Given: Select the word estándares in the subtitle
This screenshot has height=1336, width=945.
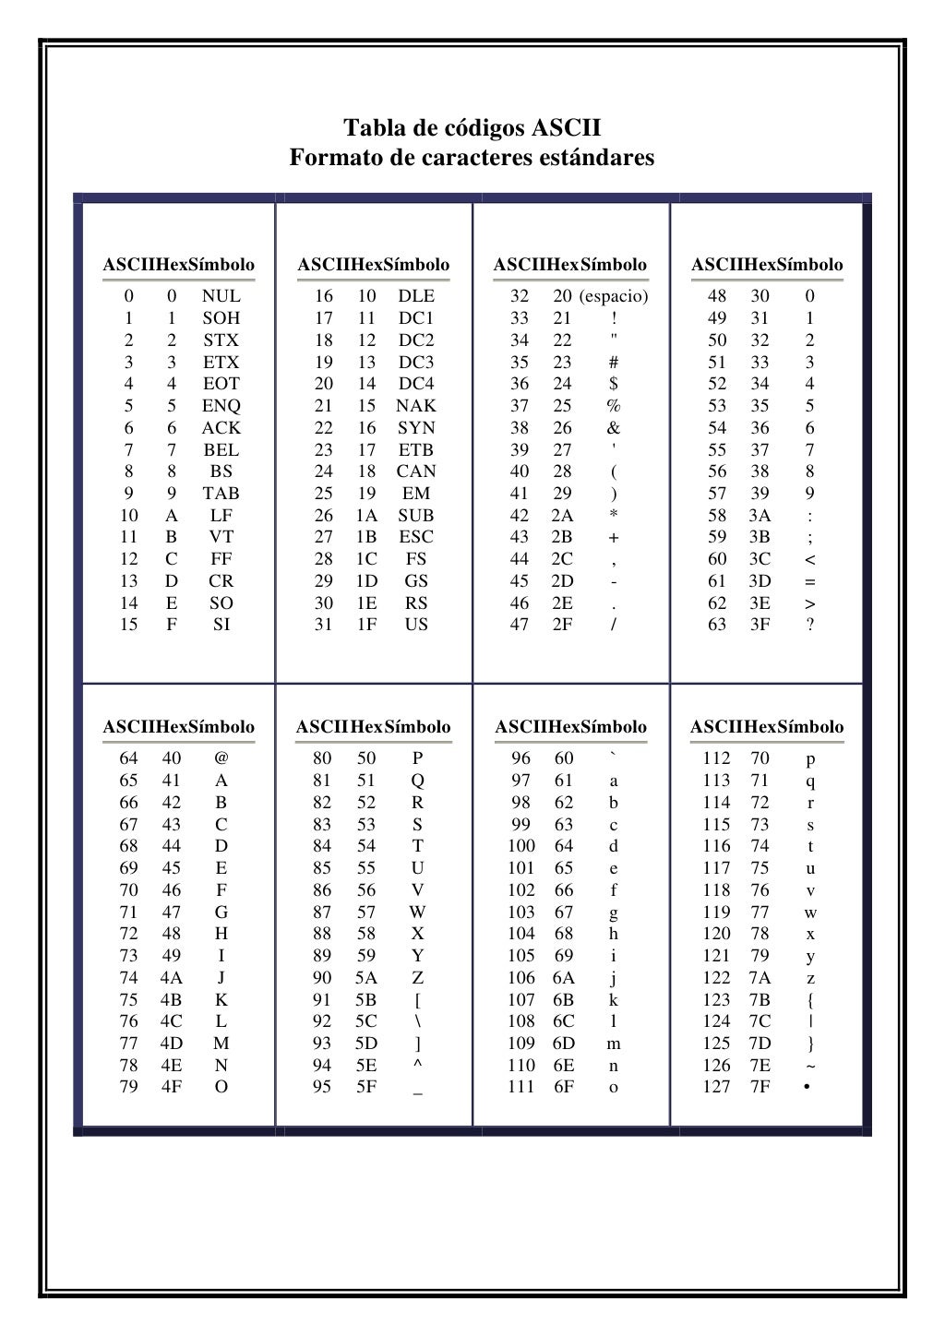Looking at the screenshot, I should (x=599, y=158).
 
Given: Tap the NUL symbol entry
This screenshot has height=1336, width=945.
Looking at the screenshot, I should (x=221, y=296).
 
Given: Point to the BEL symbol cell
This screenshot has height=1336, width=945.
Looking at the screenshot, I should (x=221, y=450).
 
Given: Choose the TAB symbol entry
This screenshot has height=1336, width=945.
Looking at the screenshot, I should (x=221, y=494).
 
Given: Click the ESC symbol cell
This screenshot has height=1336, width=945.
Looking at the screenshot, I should (x=416, y=537).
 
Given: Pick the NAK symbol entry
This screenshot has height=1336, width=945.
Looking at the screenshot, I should (x=416, y=406).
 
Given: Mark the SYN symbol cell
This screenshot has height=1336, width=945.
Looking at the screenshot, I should (x=416, y=428).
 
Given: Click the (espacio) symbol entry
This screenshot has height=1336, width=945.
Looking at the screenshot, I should (x=614, y=296).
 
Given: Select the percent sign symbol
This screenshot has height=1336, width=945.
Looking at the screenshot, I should (x=614, y=406).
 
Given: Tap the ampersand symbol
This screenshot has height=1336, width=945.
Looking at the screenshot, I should (x=614, y=428).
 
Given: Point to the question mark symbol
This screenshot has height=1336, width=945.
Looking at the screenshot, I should (x=810, y=625).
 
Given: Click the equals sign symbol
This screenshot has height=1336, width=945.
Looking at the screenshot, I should (x=810, y=581).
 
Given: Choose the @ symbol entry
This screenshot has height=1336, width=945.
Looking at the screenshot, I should (x=221, y=758).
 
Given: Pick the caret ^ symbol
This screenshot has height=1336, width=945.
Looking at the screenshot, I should (x=417, y=1066).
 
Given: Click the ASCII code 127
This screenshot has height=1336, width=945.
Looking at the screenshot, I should (x=716, y=1087).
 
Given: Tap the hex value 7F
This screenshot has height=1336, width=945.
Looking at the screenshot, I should (x=760, y=1087).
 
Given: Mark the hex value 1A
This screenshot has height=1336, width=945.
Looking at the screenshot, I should (x=366, y=516).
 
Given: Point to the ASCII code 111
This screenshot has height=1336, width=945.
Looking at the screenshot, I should (x=521, y=1087).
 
